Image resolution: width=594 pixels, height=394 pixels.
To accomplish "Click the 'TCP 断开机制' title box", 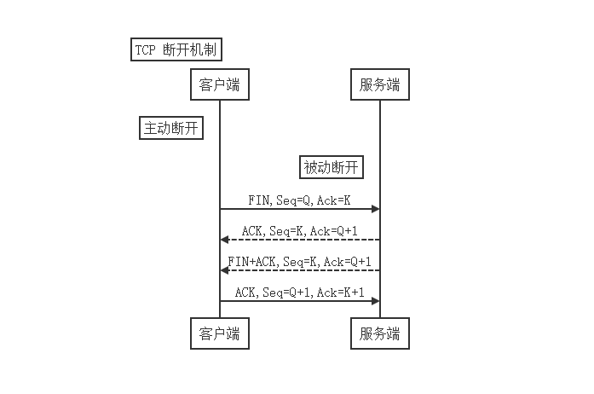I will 176,50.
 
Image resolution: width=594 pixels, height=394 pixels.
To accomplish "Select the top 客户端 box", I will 220,85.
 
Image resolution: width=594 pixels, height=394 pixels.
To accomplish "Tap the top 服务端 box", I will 379,85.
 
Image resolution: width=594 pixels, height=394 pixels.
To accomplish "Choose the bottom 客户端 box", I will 220,333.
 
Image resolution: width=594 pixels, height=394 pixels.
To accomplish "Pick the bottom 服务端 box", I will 379,333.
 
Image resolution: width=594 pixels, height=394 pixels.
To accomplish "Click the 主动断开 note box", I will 171,128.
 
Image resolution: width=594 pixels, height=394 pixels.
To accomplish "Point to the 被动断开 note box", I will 332,168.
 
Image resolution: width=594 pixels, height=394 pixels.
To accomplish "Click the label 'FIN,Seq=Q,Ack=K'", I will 299,200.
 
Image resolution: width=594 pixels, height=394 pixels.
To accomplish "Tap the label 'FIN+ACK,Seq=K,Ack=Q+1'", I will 299,262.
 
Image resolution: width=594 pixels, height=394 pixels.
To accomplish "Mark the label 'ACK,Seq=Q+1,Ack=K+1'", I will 299,293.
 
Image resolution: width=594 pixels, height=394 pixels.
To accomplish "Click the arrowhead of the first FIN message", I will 375,209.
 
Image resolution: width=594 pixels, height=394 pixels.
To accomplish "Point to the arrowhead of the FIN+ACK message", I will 225,270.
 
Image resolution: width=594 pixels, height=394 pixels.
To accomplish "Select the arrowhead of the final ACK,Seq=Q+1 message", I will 375,300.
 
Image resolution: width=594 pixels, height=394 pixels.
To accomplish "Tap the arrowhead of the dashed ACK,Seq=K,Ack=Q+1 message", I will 225,240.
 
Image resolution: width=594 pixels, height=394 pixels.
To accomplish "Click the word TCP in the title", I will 146,50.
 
